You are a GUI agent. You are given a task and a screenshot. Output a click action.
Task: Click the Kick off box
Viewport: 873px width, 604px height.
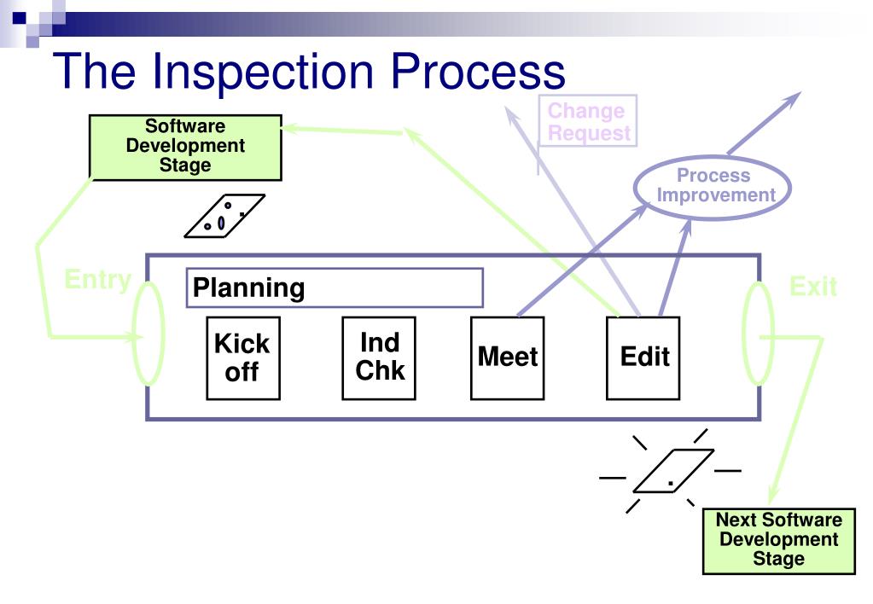[242, 358]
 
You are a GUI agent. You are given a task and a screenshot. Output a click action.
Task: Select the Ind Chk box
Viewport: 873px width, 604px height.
[379, 358]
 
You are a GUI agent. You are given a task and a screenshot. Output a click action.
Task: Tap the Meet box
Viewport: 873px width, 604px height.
[507, 358]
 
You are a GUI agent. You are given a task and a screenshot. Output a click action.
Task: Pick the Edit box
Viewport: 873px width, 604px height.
[643, 358]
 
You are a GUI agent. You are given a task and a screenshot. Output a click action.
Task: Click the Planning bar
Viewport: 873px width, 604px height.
[335, 287]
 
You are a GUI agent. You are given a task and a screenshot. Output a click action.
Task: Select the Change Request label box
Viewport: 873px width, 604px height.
[587, 121]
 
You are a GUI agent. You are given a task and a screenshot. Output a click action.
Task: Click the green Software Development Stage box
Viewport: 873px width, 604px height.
[185, 148]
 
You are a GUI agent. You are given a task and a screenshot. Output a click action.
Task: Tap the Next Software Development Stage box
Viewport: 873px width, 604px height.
[779, 541]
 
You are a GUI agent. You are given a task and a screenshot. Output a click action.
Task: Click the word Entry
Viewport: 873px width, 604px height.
[98, 279]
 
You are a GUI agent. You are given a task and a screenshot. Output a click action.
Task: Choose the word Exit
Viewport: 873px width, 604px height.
[813, 286]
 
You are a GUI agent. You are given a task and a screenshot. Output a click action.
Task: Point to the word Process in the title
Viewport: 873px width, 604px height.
[478, 71]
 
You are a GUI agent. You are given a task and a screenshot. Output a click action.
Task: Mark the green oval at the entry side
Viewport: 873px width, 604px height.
[134, 334]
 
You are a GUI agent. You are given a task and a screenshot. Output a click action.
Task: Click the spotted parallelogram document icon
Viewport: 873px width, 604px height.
[224, 216]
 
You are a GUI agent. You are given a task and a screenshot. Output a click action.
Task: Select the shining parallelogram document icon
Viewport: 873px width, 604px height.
[673, 471]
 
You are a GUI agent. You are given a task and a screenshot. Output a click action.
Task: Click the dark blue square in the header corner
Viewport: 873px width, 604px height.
[19, 18]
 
